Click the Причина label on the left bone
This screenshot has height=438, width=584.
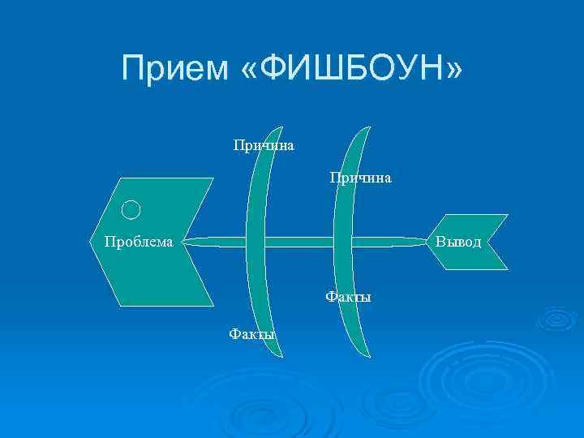tap(264, 146)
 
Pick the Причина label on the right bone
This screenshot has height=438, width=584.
tap(360, 177)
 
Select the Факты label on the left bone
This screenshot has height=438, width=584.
tap(252, 333)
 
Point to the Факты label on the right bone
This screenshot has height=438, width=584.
tap(348, 297)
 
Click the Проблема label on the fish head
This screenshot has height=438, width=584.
tap(138, 242)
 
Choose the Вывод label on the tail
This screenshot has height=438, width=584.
tap(458, 242)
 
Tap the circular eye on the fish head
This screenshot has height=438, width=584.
tap(131, 210)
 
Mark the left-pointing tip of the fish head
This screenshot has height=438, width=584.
tap(91, 241)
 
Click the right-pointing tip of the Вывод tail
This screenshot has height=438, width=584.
tap(509, 243)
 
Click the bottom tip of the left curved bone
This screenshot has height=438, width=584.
tap(281, 356)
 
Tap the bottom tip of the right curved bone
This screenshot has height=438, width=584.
tap(369, 357)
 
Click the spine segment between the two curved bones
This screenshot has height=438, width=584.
tap(300, 242)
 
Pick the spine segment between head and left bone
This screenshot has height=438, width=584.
tap(215, 242)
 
